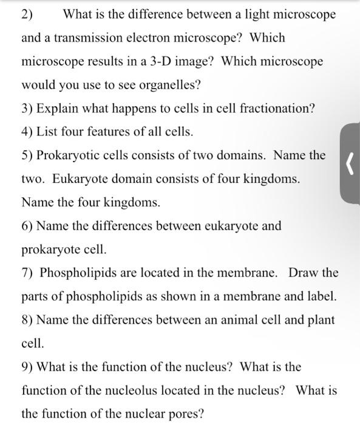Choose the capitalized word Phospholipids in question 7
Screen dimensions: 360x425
[x=77, y=273]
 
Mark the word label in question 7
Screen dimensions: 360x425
[x=321, y=297]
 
